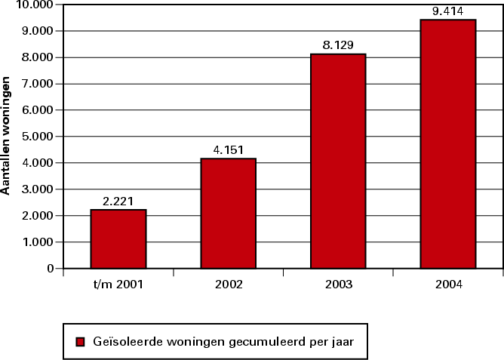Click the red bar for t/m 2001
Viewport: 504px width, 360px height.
118,238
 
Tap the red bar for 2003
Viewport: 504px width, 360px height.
338,161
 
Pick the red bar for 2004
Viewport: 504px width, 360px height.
448,143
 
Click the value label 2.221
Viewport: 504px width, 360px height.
118,202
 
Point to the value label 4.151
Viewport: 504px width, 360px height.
229,149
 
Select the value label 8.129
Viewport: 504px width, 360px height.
338,45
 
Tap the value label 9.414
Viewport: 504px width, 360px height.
448,11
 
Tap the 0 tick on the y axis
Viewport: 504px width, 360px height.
51,269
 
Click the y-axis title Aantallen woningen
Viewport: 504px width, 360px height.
6,136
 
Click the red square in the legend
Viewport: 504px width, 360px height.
80,342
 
